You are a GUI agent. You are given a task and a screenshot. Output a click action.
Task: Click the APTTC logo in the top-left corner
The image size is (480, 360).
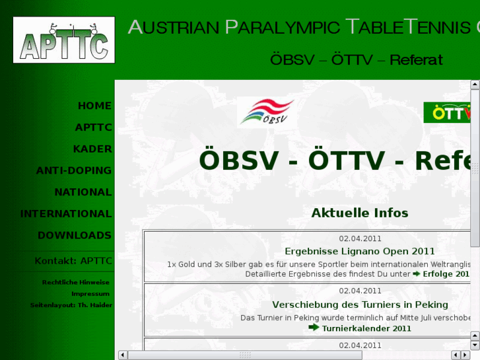(x=63, y=40)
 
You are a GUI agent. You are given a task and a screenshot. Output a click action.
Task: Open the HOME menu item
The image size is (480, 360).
(x=94, y=106)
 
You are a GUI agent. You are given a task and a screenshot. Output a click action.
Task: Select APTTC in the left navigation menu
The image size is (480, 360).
(x=93, y=127)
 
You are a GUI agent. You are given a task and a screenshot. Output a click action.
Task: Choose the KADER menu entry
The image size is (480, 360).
(x=92, y=149)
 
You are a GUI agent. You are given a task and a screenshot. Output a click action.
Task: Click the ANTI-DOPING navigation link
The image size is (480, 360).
(x=74, y=170)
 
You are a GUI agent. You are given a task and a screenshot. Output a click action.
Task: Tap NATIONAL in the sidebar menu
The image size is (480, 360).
(x=83, y=192)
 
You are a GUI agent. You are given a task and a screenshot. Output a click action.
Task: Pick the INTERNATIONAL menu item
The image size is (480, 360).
(x=66, y=214)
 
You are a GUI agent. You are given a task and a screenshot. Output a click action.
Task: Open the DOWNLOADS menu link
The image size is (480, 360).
(x=75, y=235)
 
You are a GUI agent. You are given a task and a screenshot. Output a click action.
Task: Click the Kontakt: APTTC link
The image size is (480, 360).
(x=73, y=261)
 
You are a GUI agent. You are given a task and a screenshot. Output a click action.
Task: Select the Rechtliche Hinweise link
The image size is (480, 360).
(x=76, y=282)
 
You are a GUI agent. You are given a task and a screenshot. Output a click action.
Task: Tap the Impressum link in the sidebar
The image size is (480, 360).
(x=90, y=293)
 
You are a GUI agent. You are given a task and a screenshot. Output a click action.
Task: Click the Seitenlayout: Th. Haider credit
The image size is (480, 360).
(x=71, y=305)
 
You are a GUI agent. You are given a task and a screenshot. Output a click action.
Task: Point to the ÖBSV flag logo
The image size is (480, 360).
(x=265, y=112)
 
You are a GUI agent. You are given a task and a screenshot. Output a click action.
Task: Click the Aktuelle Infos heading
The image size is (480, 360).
(x=360, y=213)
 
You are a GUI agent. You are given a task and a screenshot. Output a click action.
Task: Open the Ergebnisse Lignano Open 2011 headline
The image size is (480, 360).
(x=360, y=251)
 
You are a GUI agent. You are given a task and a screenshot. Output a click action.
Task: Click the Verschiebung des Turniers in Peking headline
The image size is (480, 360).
(x=360, y=305)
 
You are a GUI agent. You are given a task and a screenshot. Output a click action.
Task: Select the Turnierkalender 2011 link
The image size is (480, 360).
(x=366, y=328)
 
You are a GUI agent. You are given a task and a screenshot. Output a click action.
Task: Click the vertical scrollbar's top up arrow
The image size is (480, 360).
(x=474, y=85)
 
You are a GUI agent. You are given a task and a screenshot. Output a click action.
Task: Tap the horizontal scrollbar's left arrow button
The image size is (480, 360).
(x=122, y=355)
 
